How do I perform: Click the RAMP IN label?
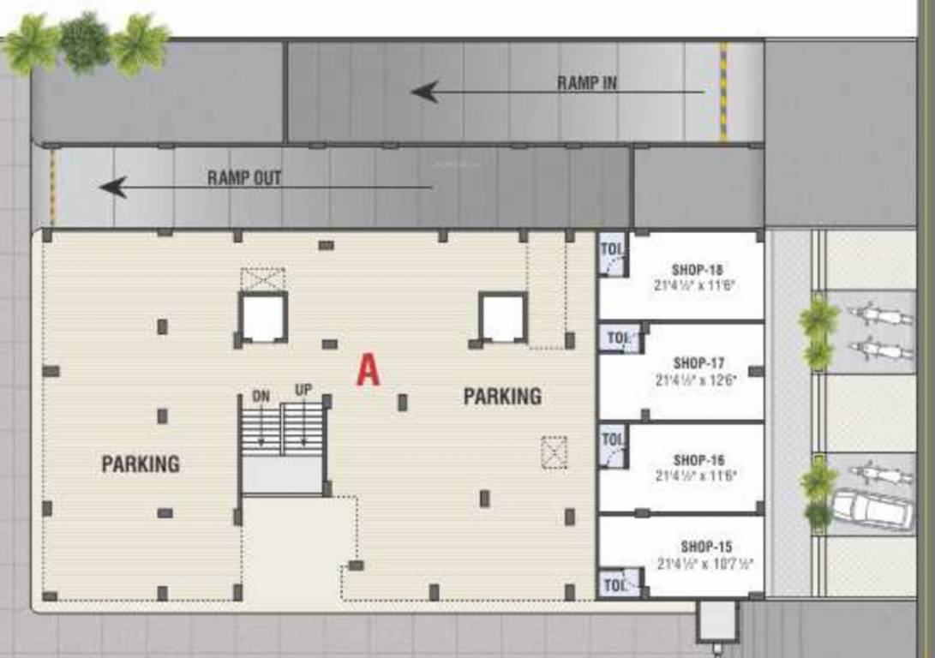(587, 83)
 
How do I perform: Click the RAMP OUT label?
(244, 179)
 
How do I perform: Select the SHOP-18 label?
(697, 270)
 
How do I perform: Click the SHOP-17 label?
(697, 363)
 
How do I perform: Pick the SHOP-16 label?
(697, 460)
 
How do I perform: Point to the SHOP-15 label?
(706, 547)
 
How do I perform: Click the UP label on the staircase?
(303, 390)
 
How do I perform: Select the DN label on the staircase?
(261, 396)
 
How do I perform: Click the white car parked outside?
(872, 508)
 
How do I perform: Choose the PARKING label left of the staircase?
(141, 464)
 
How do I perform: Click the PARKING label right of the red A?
(502, 397)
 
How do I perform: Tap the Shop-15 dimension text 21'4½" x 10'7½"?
(706, 565)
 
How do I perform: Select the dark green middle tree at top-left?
(85, 41)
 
